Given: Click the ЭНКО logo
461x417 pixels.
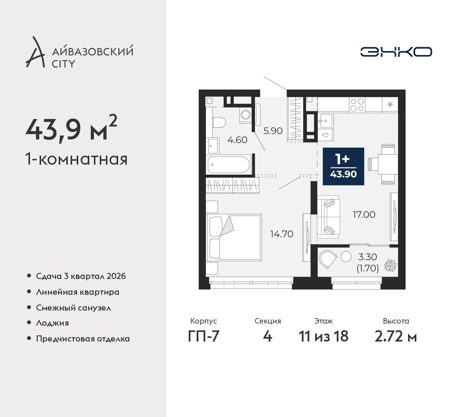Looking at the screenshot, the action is tap(396, 52).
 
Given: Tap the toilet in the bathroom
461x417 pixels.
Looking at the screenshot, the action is tap(219, 122).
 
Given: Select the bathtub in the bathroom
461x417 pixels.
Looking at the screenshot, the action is tap(229, 164).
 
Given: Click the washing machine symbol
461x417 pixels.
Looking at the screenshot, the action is tap(246, 114).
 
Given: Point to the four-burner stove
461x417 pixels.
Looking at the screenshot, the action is tap(357, 105).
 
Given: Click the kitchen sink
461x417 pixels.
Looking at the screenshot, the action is tap(325, 121).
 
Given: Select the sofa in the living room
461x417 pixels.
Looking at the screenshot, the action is tap(328, 220).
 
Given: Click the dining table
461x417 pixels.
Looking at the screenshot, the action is tap(388, 164).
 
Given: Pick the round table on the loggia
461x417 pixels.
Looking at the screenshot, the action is tap(346, 257).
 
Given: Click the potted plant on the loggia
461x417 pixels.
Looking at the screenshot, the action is tap(390, 266).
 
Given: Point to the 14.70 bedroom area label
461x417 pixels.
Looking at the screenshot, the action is tap(282, 234).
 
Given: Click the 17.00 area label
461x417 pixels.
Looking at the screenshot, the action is tap(364, 215).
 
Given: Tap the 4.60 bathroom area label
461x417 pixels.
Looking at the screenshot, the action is tap(237, 140).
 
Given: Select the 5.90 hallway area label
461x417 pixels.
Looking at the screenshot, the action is tap(273, 131).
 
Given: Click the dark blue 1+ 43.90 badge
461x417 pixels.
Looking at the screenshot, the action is tap(343, 166).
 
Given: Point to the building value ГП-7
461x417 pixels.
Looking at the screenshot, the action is tap(203, 336).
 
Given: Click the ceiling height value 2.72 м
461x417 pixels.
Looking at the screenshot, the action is tap(396, 336).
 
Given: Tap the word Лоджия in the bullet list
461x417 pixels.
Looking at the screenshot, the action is tap(52, 323).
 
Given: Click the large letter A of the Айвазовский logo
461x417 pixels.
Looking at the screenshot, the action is tap(35, 52).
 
